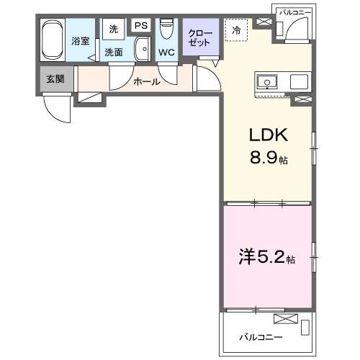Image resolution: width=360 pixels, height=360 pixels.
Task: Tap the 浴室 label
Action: pos(80,41)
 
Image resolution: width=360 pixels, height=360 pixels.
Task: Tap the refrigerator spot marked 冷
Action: pos(236,30)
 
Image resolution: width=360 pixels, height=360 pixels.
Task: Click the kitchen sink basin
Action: pos(266,81)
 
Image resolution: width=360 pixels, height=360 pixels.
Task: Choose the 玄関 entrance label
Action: pos(55,78)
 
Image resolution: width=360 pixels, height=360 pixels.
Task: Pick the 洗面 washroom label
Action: pos(114,52)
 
